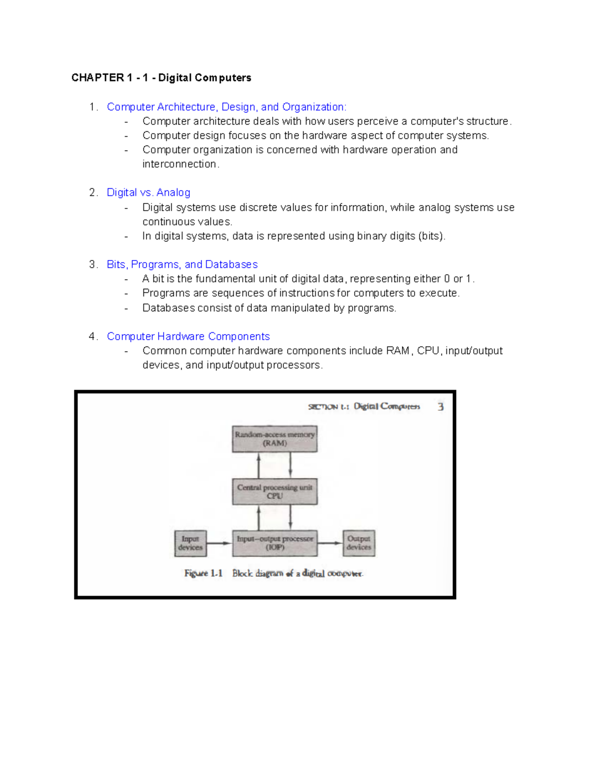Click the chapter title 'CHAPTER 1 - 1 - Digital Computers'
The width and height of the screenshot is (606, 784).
(x=161, y=78)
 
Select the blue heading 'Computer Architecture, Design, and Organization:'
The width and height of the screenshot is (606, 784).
(x=226, y=107)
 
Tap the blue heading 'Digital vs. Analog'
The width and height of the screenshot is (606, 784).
(x=148, y=192)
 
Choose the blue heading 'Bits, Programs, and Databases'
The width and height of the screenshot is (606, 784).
(x=182, y=265)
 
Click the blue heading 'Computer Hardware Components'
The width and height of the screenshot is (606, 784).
(x=188, y=336)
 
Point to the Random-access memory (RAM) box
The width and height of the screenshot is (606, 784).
(x=275, y=439)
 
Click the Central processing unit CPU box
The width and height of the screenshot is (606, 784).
(x=275, y=492)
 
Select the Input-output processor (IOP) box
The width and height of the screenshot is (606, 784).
(x=275, y=543)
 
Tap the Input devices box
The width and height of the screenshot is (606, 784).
(x=190, y=543)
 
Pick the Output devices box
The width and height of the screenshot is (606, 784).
(x=359, y=543)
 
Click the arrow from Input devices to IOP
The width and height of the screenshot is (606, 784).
(x=219, y=543)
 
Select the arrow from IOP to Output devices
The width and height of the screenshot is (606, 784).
(x=330, y=543)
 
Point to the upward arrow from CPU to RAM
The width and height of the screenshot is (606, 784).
(x=259, y=465)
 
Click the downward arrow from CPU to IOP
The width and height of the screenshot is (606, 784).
(x=290, y=517)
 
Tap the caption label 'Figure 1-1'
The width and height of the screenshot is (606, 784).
(x=203, y=573)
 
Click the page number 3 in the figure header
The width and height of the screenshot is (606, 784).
(x=440, y=407)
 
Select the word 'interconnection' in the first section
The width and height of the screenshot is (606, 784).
(x=179, y=164)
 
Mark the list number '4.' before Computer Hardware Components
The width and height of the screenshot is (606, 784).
(x=93, y=336)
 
